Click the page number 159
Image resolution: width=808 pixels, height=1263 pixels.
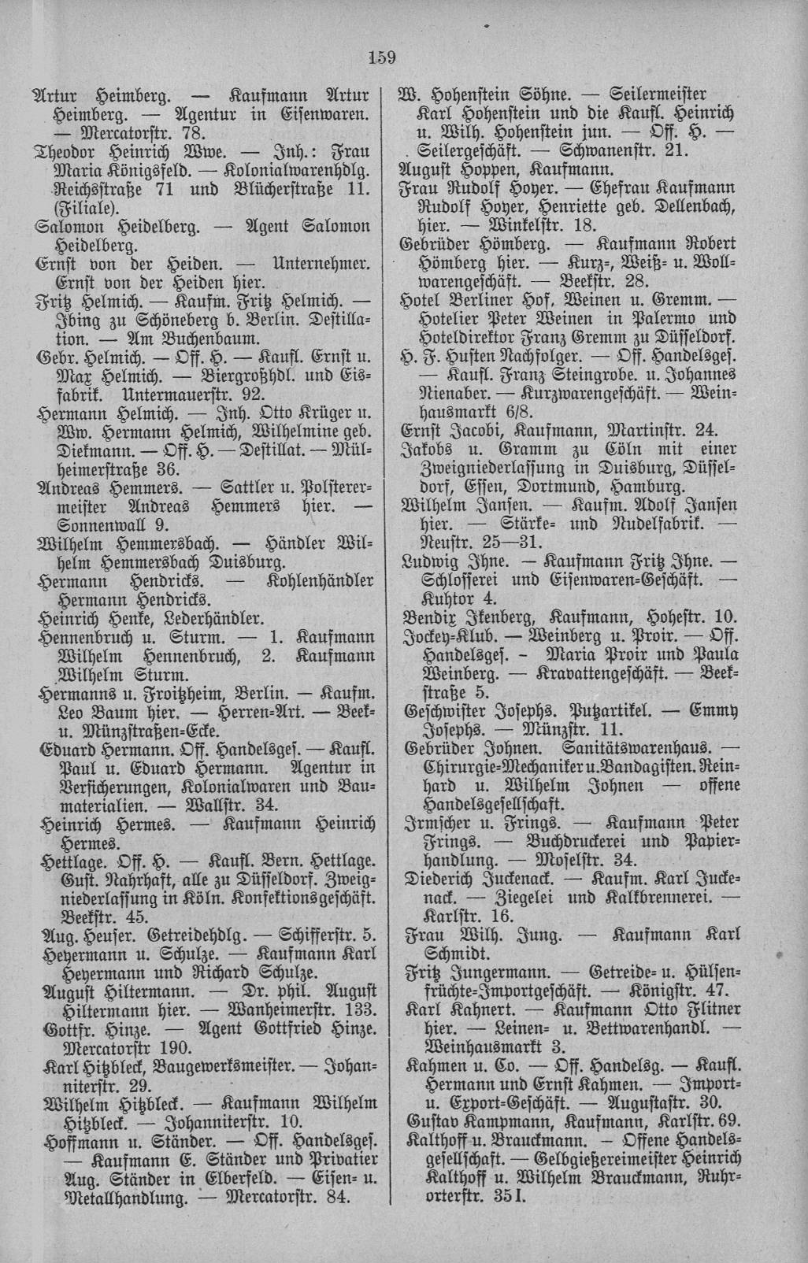(x=380, y=57)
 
